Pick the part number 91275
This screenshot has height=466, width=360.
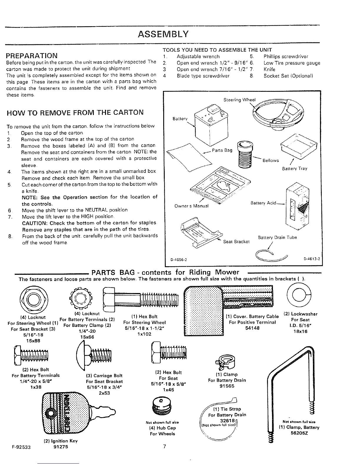click(x=62, y=447)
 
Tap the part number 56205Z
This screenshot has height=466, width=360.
click(x=300, y=433)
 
